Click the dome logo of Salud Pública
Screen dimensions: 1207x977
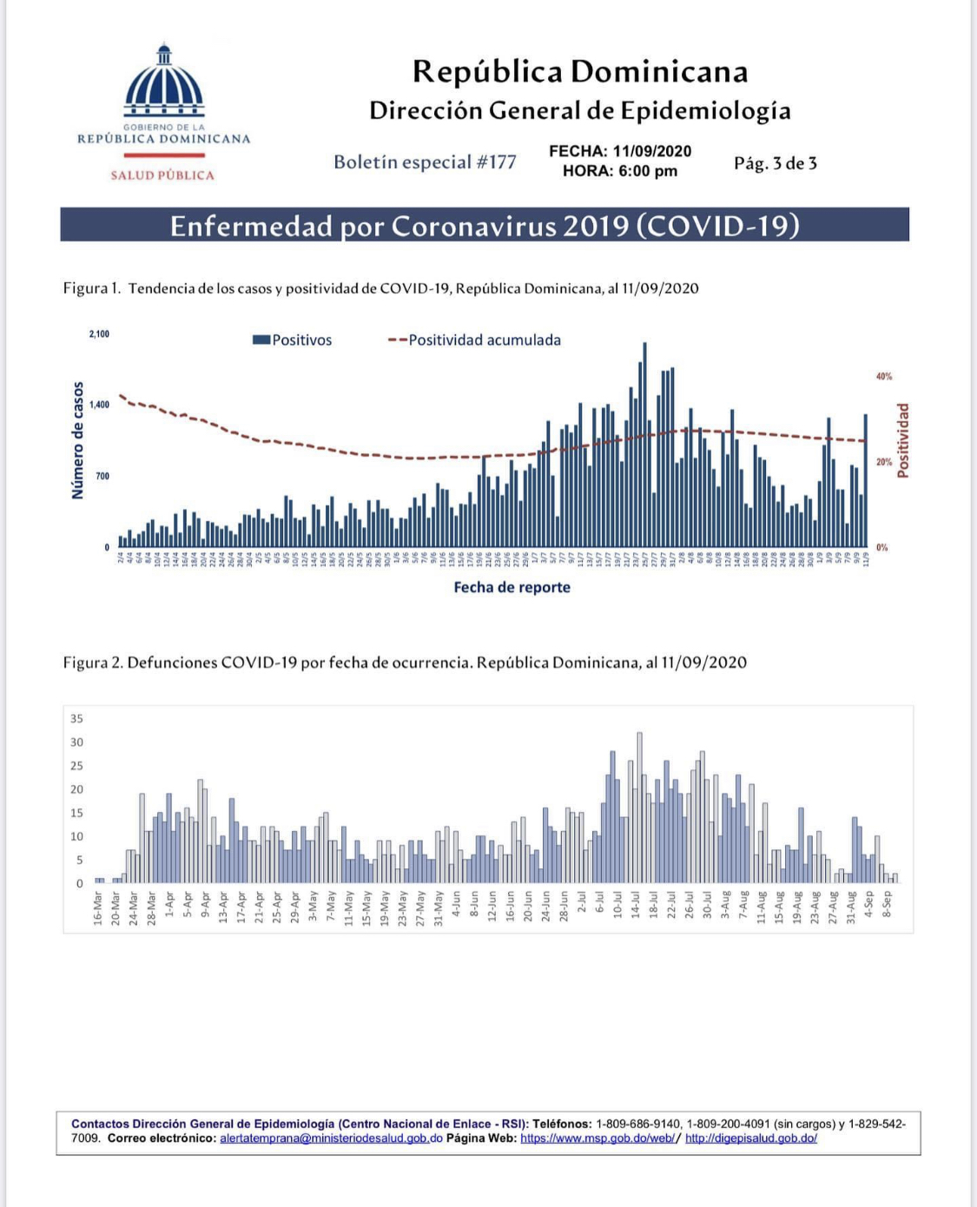click(163, 83)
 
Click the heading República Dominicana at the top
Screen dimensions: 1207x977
click(579, 71)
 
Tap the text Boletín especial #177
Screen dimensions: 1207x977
click(425, 162)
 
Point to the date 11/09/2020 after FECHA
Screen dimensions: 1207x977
click(651, 151)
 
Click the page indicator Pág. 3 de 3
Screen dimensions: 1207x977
click(775, 163)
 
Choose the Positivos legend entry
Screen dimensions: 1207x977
click(293, 340)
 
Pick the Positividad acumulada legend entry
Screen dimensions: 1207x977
click(475, 340)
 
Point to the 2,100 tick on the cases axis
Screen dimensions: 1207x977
click(99, 334)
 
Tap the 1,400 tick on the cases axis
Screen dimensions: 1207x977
click(99, 405)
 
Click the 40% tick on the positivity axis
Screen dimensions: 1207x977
click(883, 377)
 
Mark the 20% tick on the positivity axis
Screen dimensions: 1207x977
click(883, 462)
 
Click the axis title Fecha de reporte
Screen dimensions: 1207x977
click(512, 587)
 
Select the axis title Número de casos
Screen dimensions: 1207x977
click(78, 440)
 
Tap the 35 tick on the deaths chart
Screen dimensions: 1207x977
click(77, 719)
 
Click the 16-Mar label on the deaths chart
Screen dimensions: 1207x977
click(98, 906)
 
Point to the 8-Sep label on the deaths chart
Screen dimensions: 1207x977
click(887, 904)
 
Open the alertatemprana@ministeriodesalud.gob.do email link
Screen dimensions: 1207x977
click(331, 1138)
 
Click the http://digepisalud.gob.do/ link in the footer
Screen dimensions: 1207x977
click(750, 1138)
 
